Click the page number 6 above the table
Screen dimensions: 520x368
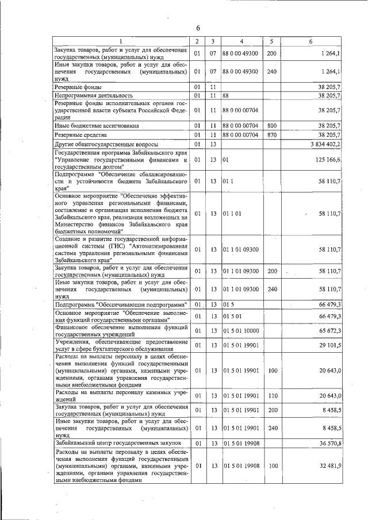tap(197, 28)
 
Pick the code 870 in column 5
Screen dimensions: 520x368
tap(272, 134)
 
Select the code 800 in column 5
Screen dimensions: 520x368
tap(272, 125)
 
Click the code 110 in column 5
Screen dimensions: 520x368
tap(272, 395)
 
